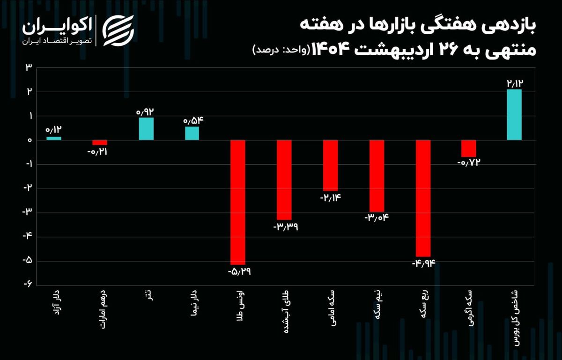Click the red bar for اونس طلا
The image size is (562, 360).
pyautogui.click(x=238, y=202)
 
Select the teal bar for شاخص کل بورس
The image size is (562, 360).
pyautogui.click(x=514, y=115)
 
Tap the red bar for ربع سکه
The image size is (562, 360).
pyautogui.click(x=423, y=198)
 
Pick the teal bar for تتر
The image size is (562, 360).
pyautogui.click(x=146, y=129)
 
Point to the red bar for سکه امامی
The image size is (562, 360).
pyautogui.click(x=331, y=165)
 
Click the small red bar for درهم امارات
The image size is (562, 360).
pyautogui.click(x=100, y=142)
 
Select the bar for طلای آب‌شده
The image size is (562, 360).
pyautogui.click(x=284, y=180)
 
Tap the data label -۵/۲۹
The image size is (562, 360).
pyautogui.click(x=239, y=272)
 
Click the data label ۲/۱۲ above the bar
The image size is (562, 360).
pyautogui.click(x=514, y=83)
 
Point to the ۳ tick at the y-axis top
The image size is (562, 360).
pyautogui.click(x=29, y=67)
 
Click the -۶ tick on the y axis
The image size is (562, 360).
pyautogui.click(x=28, y=284)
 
